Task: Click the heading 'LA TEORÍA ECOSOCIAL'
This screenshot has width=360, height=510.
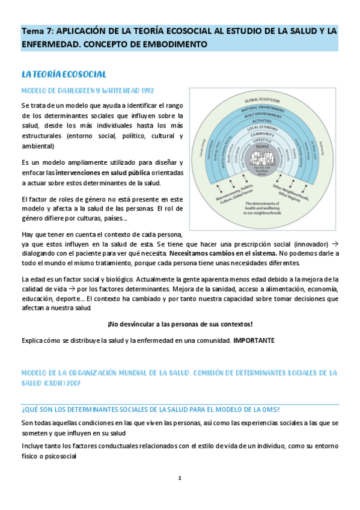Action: click(x=64, y=75)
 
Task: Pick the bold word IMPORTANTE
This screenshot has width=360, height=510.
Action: click(x=254, y=340)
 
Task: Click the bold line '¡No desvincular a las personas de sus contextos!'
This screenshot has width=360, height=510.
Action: click(x=180, y=324)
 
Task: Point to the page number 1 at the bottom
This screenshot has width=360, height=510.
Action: click(x=180, y=478)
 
